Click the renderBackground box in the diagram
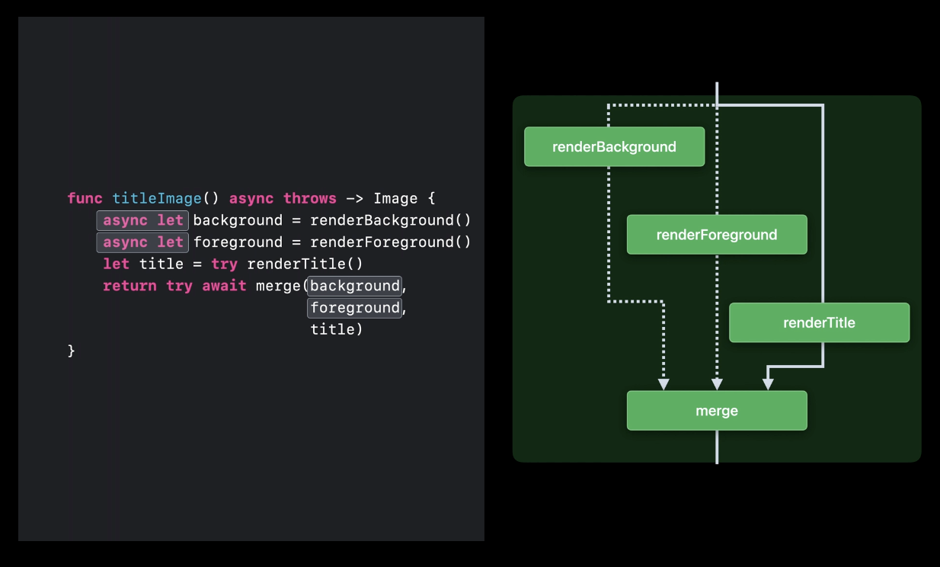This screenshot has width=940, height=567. pyautogui.click(x=614, y=146)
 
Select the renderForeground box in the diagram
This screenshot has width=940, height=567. pyautogui.click(x=716, y=235)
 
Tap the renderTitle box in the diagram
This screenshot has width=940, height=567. pyautogui.click(x=819, y=322)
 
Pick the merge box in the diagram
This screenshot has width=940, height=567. pyautogui.click(x=716, y=411)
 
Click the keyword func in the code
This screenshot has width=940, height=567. pyautogui.click(x=85, y=198)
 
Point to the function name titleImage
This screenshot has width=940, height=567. pyautogui.click(x=157, y=198)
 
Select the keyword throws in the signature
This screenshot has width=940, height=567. pyautogui.click(x=310, y=198)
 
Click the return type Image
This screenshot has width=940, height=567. pyautogui.click(x=395, y=198)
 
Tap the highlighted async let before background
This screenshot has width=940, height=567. pyautogui.click(x=142, y=220)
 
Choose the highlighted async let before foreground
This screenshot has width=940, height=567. pyautogui.click(x=142, y=242)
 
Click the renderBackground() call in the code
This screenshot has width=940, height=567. pyautogui.click(x=391, y=220)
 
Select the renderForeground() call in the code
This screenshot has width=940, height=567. pyautogui.click(x=391, y=242)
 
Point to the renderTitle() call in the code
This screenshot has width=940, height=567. pyautogui.click(x=305, y=264)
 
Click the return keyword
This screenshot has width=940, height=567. pyautogui.click(x=129, y=286)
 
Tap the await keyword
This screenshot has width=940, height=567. pyautogui.click(x=224, y=286)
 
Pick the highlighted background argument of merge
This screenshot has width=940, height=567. pyautogui.click(x=354, y=286)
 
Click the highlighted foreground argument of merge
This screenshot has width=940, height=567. pyautogui.click(x=354, y=308)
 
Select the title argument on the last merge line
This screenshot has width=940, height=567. pyautogui.click(x=332, y=329)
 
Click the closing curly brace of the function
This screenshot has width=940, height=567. pyautogui.click(x=72, y=351)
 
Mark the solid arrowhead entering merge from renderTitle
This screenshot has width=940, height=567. pyautogui.click(x=769, y=385)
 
